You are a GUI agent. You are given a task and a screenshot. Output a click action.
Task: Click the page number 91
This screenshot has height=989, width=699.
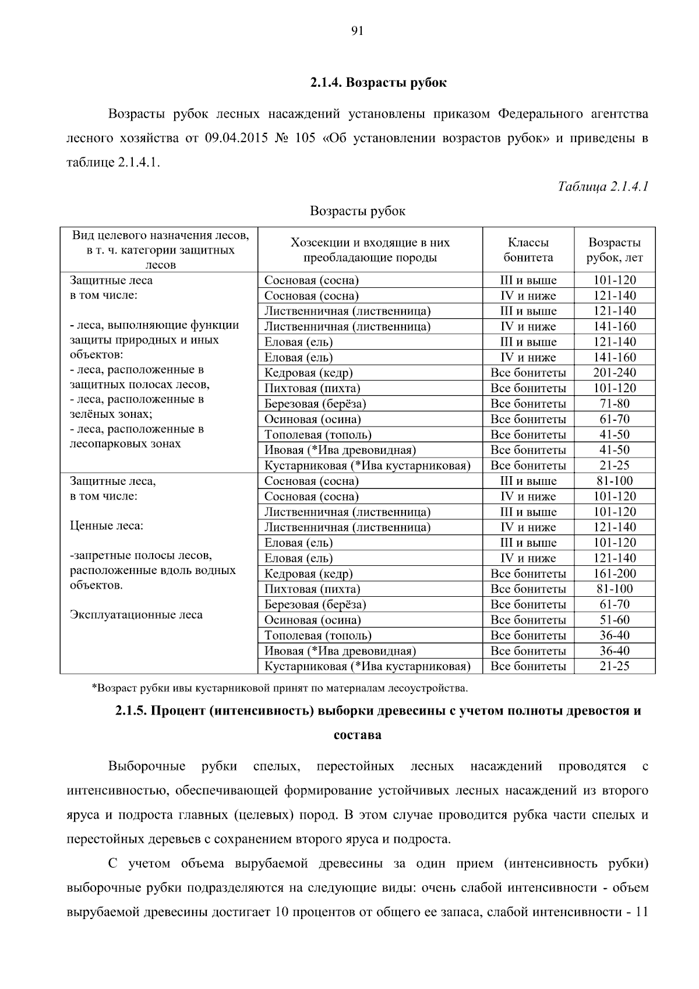point(358,31)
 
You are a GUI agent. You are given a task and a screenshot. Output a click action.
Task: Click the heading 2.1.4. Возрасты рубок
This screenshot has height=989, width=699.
point(378,83)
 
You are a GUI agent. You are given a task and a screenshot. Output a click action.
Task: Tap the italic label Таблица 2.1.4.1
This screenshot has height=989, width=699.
point(603,186)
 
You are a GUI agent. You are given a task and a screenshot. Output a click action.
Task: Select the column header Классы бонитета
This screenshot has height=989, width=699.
point(528,250)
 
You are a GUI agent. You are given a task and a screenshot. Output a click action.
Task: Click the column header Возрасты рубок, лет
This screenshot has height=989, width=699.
point(614,250)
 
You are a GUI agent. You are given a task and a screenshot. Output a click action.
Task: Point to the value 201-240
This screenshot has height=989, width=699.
point(614,373)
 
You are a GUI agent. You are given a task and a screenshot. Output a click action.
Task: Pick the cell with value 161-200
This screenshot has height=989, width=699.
point(614,574)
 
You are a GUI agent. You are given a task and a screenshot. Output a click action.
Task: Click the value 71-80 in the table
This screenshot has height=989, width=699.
point(614,404)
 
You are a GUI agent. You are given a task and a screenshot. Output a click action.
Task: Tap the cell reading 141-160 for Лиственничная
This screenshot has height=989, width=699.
point(614,327)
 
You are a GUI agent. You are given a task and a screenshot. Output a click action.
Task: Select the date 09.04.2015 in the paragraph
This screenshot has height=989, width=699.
point(233,139)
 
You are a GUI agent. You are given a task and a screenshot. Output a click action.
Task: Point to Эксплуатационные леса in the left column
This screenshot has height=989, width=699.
point(136,615)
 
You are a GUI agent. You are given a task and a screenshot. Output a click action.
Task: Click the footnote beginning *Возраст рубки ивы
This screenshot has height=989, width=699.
point(280,688)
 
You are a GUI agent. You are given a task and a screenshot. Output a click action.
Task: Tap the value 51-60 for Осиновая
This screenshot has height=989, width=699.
point(614,620)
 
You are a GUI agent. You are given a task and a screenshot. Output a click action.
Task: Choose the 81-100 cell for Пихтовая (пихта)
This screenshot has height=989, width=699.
point(614,589)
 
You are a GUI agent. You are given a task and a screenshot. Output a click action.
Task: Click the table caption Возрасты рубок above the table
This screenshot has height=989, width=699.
point(357,211)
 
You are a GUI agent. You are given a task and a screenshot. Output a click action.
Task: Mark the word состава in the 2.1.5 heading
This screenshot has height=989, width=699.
point(357,735)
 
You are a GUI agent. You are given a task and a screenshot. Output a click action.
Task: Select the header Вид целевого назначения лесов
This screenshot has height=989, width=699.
point(160,235)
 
